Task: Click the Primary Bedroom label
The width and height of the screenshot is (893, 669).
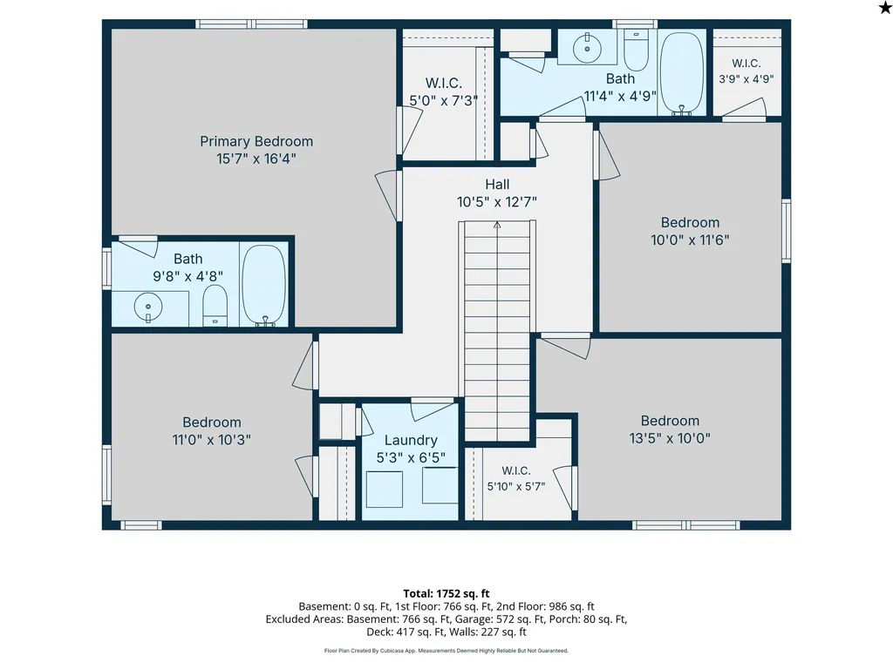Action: click(256, 141)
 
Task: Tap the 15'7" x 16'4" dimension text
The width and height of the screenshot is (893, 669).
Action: click(256, 159)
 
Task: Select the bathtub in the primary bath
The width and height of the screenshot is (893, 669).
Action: click(263, 286)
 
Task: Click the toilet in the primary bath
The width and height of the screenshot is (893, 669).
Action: click(215, 306)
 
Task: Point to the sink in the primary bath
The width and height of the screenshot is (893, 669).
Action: click(148, 307)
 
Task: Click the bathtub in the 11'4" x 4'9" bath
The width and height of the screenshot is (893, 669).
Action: click(681, 73)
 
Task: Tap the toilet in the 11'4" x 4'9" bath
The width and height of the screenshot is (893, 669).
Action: click(636, 50)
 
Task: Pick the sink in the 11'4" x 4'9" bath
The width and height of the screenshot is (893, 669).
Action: click(587, 48)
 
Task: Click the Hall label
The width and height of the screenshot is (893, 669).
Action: click(497, 185)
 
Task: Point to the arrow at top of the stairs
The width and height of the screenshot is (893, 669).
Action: click(497, 226)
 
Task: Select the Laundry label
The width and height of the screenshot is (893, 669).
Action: click(411, 440)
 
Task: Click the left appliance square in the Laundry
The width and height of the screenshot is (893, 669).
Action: click(385, 490)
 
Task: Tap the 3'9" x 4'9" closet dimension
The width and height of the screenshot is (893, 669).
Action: click(746, 79)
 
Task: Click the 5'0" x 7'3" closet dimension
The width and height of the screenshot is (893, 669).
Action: click(444, 101)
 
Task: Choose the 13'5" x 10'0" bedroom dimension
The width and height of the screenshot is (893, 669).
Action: click(670, 438)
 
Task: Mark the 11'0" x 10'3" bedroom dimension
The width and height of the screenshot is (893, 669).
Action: click(212, 440)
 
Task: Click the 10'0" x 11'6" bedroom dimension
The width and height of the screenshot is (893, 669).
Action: click(690, 240)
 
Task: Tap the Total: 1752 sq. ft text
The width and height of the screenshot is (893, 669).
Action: click(446, 594)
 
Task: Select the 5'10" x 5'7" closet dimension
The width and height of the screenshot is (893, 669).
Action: click(516, 486)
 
